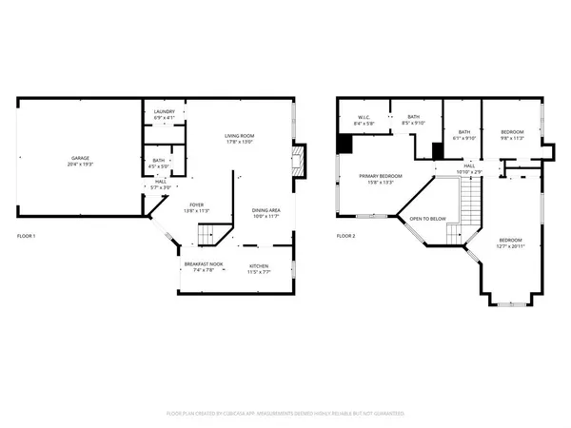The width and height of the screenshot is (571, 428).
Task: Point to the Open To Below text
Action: pos(428,219)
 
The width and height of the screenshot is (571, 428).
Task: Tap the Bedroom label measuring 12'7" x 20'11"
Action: pos(511,243)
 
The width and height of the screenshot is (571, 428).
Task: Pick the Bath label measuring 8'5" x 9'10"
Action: pos(413,119)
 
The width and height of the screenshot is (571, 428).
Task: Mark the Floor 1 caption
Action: pos(28,236)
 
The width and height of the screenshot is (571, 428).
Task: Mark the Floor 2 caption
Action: pos(345,236)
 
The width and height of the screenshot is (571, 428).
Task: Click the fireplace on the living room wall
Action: pos(299,160)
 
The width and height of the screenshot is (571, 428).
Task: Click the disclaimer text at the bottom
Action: pos(285,414)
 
